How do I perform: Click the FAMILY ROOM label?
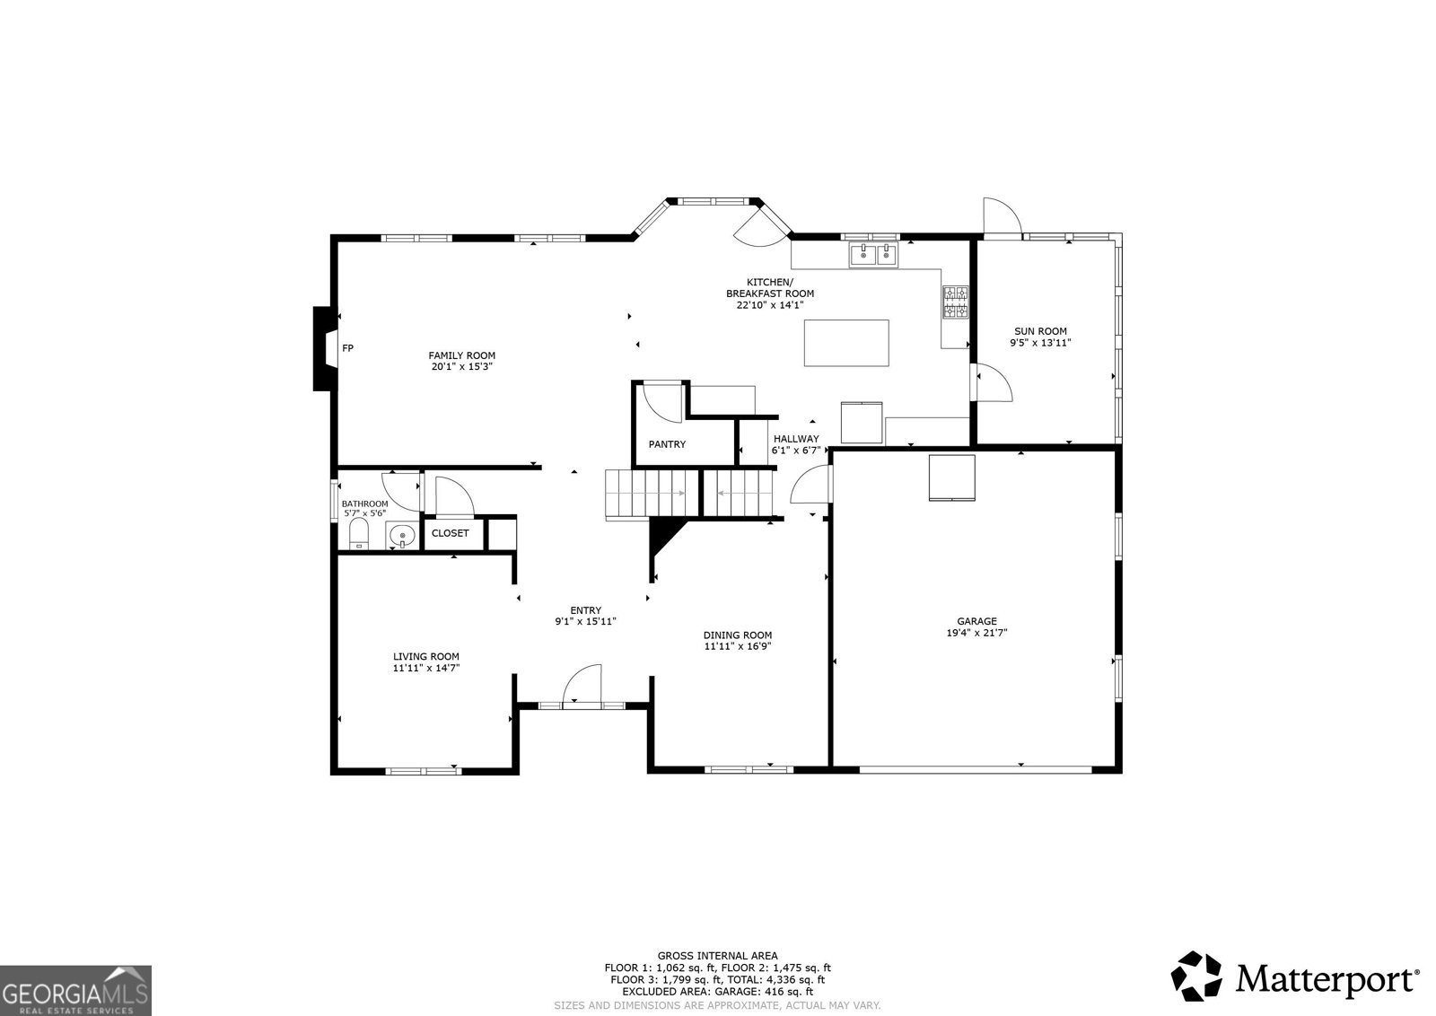pos(461,355)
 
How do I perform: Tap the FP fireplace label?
pos(347,348)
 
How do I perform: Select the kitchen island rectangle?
pos(846,343)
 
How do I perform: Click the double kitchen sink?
pos(874,255)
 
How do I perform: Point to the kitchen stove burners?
pos(955,302)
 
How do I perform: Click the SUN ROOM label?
pos(1040,331)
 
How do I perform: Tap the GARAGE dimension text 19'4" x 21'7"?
pos(977,633)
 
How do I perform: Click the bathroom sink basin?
pos(402,535)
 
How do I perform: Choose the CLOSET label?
pos(450,533)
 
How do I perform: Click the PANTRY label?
pos(667,444)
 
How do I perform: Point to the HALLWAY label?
pos(796,439)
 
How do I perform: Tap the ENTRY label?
pos(586,611)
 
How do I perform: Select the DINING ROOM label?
pos(737,635)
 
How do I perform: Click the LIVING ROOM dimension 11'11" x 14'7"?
pos(426,668)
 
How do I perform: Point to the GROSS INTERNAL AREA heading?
pos(717,956)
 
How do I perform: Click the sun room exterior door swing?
pos(1002,219)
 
